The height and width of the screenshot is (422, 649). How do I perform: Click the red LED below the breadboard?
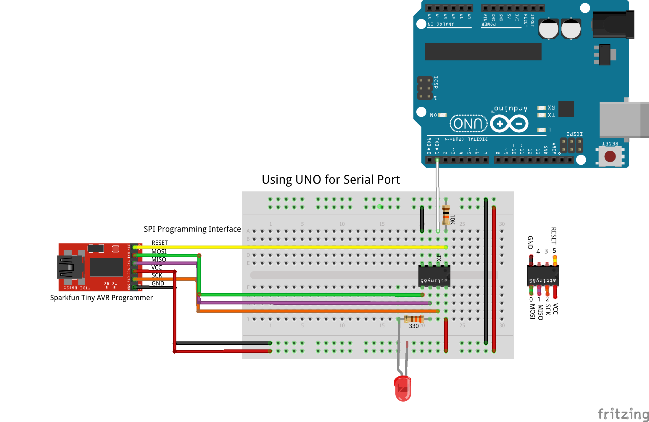click(x=403, y=388)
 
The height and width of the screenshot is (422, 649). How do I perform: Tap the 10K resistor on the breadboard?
click(x=446, y=215)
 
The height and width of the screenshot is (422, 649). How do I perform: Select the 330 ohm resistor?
click(x=414, y=319)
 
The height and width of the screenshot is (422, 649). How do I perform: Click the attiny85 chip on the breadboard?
click(x=434, y=276)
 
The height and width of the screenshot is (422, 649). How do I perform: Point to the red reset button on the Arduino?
click(x=610, y=156)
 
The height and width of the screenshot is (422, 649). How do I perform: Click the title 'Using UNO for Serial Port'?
click(x=331, y=179)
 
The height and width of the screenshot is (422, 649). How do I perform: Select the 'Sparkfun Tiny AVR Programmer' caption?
click(x=101, y=298)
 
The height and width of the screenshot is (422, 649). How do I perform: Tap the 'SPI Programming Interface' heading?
click(x=192, y=229)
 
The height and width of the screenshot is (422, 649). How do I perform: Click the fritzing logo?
click(x=623, y=413)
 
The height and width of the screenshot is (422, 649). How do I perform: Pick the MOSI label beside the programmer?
click(x=159, y=251)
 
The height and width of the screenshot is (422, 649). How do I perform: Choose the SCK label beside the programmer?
click(x=157, y=275)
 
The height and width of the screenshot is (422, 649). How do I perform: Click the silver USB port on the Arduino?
click(x=623, y=120)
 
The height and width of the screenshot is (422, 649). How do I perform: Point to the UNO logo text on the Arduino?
click(x=468, y=123)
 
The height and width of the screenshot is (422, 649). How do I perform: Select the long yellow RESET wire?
click(x=290, y=247)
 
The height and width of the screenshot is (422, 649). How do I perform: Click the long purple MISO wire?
click(x=314, y=303)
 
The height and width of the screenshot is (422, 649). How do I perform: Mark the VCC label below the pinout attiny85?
click(x=555, y=309)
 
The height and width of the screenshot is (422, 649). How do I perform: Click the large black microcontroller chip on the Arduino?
click(x=483, y=52)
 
